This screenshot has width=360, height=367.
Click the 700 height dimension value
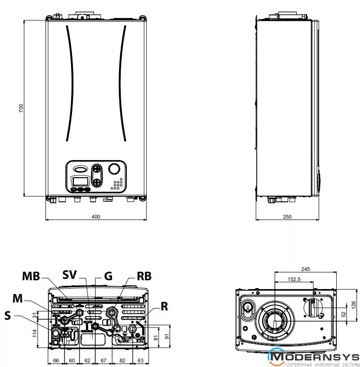tap(20, 108)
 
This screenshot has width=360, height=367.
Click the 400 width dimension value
tap(96, 217)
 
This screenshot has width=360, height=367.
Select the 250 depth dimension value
tap(288, 217)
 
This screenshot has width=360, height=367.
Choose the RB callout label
tap(144, 276)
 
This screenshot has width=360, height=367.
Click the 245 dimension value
tap(305, 269)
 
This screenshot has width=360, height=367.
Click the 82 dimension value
tap(122, 360)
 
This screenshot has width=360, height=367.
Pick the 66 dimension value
tap(56, 360)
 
